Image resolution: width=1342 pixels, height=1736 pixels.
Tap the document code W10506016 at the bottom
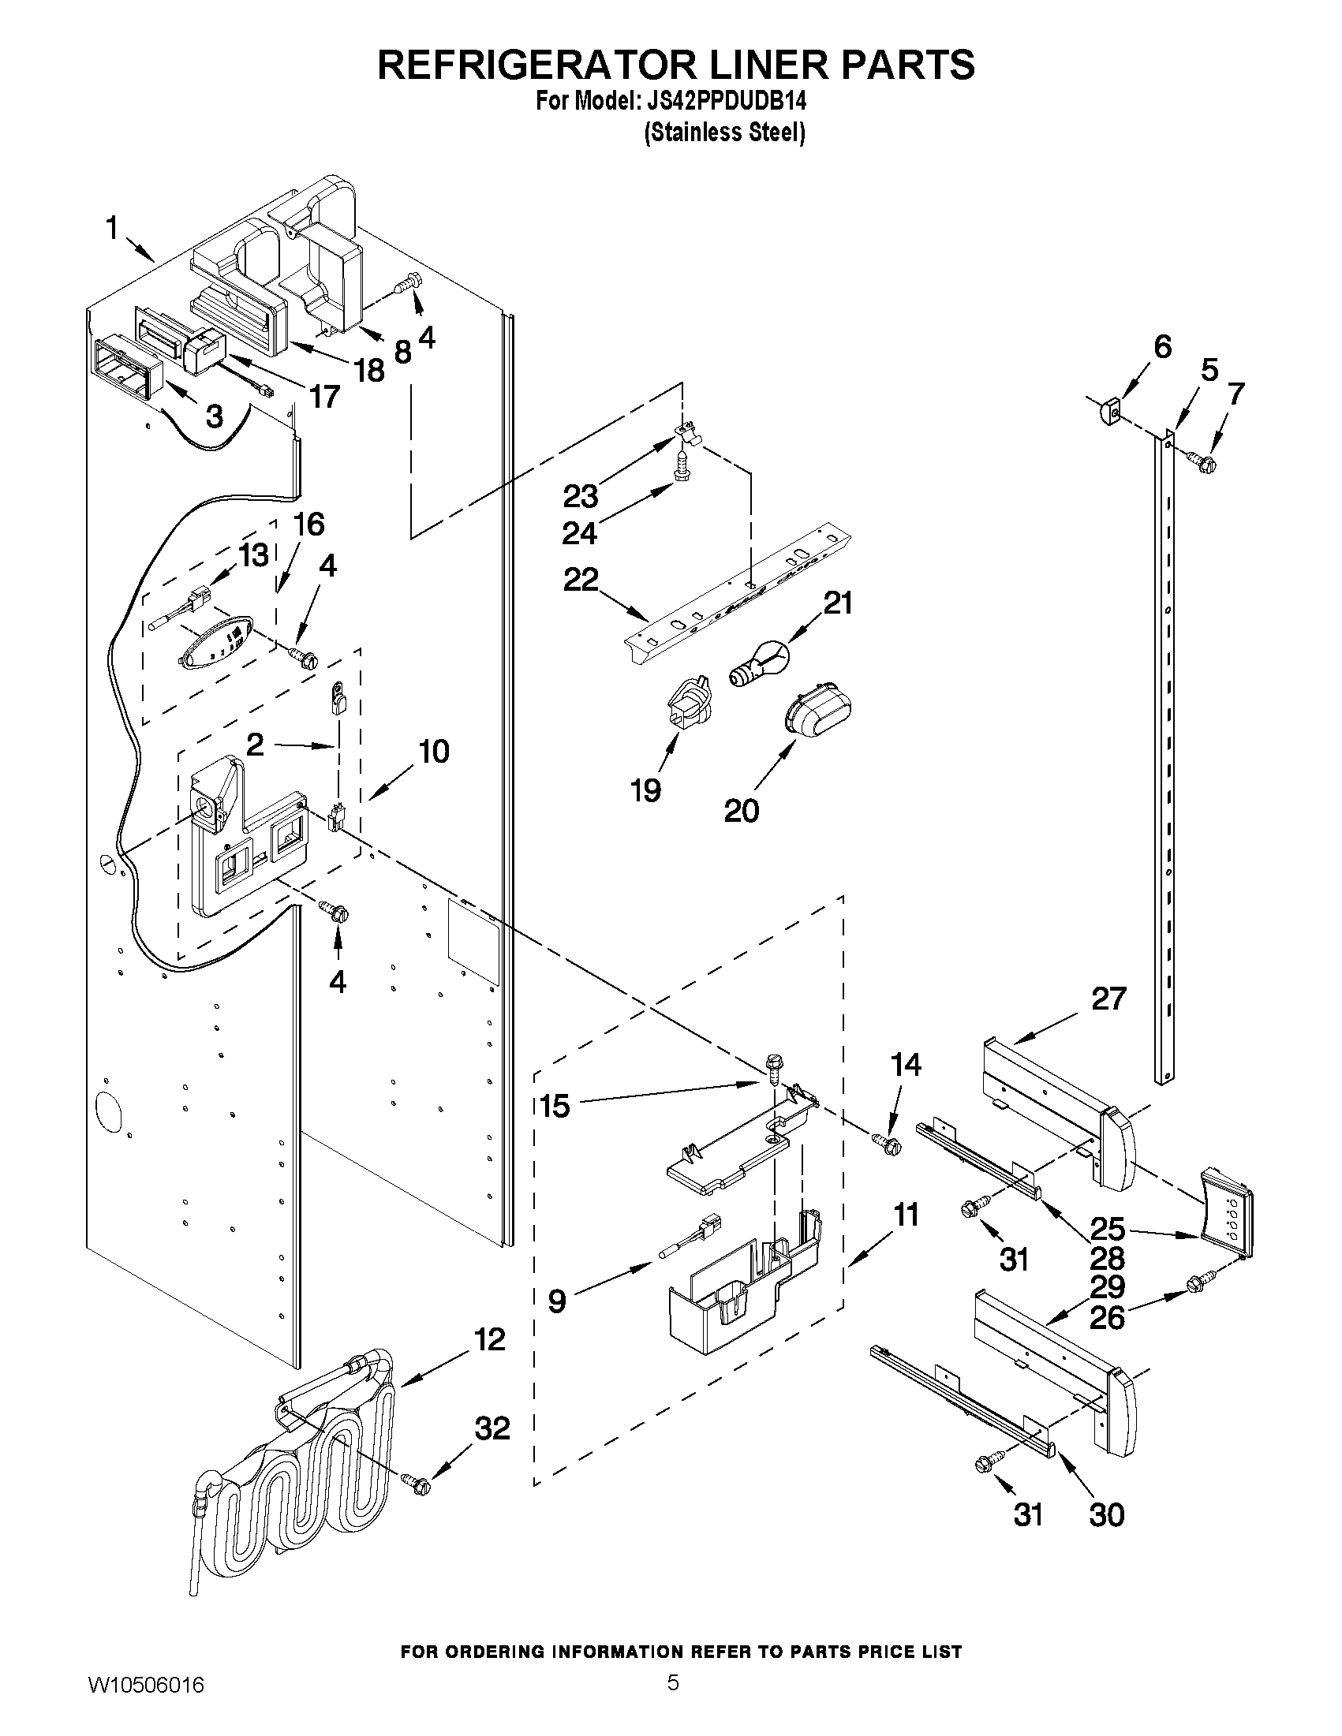pyautogui.click(x=146, y=1705)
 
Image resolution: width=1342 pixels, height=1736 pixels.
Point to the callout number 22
pyautogui.click(x=581, y=581)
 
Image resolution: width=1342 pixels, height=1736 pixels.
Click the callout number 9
pyautogui.click(x=557, y=1301)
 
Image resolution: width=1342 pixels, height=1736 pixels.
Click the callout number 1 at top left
pyautogui.click(x=111, y=230)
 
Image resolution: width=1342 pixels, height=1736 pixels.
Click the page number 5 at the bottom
pyautogui.click(x=673, y=1704)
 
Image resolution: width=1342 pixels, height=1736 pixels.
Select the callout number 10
pyautogui.click(x=434, y=751)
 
